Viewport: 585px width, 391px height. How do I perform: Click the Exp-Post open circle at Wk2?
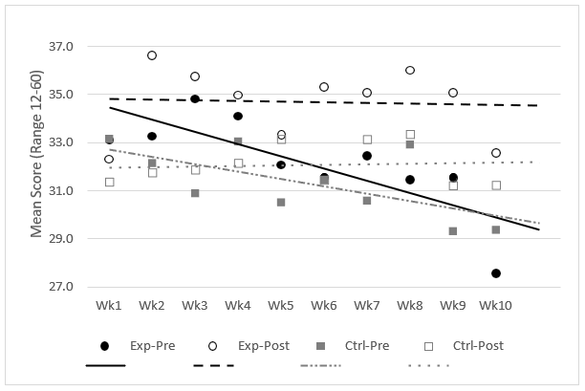152,55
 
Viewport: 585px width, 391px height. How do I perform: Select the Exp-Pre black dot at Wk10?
496,273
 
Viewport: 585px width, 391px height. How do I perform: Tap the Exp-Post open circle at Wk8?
410,70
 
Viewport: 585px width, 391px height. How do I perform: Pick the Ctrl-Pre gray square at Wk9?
453,231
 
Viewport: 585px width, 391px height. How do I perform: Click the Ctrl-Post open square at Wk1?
109,182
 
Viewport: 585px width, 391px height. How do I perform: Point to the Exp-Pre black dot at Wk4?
238,116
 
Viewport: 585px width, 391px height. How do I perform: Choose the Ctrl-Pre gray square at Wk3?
195,193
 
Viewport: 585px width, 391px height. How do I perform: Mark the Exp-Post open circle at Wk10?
496,153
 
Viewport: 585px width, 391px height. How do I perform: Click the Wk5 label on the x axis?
281,305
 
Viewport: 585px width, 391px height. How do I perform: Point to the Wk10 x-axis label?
496,305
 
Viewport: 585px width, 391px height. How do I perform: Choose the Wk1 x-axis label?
109,305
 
